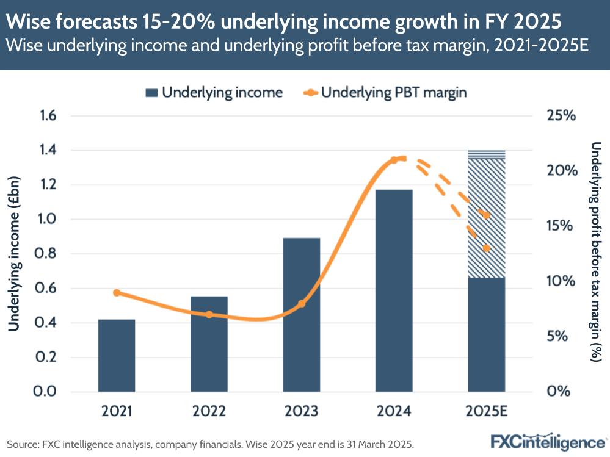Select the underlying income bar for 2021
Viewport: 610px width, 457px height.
(x=117, y=355)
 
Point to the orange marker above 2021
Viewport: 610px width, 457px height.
(x=117, y=293)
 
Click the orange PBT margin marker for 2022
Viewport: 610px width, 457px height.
(x=209, y=315)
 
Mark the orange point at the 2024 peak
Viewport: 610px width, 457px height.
(x=394, y=160)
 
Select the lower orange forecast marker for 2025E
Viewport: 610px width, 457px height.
(x=487, y=248)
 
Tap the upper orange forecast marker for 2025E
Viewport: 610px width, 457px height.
(x=487, y=215)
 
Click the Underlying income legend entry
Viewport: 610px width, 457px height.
(x=214, y=93)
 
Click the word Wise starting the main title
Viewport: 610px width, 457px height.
(x=31, y=22)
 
